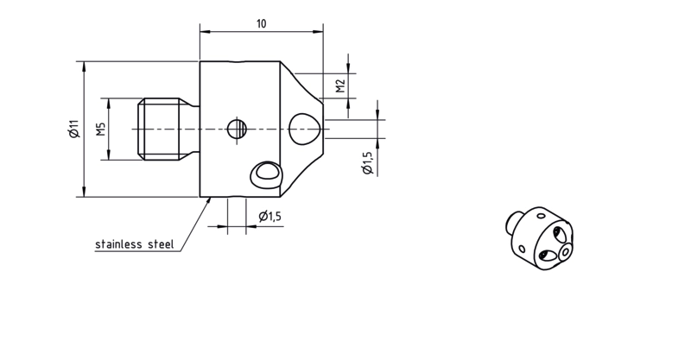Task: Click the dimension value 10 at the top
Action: [x=262, y=24]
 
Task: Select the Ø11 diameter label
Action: [x=74, y=129]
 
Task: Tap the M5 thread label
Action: [x=101, y=129]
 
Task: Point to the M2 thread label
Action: [x=339, y=86]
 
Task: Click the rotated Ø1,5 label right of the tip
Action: [x=367, y=163]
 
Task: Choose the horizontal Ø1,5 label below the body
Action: [x=270, y=217]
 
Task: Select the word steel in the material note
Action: [x=161, y=244]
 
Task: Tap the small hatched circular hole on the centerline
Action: [x=237, y=129]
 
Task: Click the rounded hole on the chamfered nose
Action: [x=304, y=129]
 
